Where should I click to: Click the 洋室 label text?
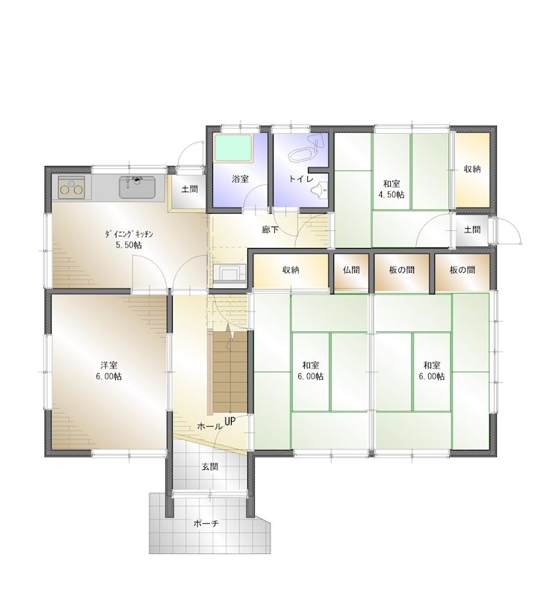[x=108, y=366]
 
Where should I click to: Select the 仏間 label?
[x=351, y=270]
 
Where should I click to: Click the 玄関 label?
[x=209, y=466]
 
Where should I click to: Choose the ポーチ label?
[x=206, y=523]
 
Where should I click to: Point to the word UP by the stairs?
[x=230, y=422]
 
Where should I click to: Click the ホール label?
[x=208, y=425]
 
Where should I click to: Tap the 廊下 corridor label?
[x=270, y=229]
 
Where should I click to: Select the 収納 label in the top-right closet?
[x=472, y=169]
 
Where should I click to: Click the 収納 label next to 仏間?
[x=291, y=270]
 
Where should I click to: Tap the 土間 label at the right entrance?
[x=472, y=229]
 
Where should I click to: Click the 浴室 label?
[x=240, y=179]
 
